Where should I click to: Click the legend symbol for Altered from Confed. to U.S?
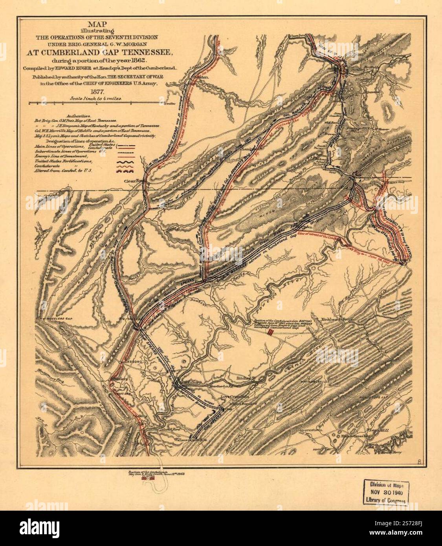click(x=125, y=171)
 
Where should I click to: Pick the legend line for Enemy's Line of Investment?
click(x=125, y=156)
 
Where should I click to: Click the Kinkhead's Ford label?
click(x=338, y=319)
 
